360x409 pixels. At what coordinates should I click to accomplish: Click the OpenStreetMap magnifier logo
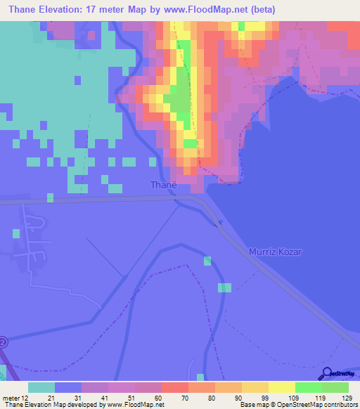pyautogui.click(x=328, y=374)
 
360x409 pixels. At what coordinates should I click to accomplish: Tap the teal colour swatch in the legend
pyautogui.click(x=41, y=387)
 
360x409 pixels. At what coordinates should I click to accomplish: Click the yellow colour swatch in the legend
pyautogui.click(x=281, y=387)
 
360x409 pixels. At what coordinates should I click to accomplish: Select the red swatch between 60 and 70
pyautogui.click(x=174, y=387)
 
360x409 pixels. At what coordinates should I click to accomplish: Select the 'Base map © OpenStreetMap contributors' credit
pyautogui.click(x=298, y=405)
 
